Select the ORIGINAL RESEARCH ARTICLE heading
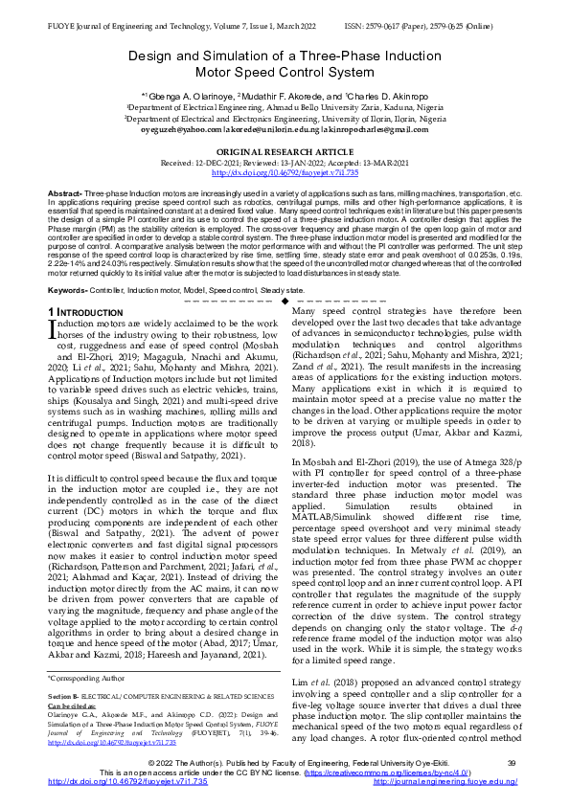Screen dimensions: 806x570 click(285, 152)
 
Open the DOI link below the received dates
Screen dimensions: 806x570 click(285, 172)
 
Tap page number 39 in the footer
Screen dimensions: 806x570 click(511, 761)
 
